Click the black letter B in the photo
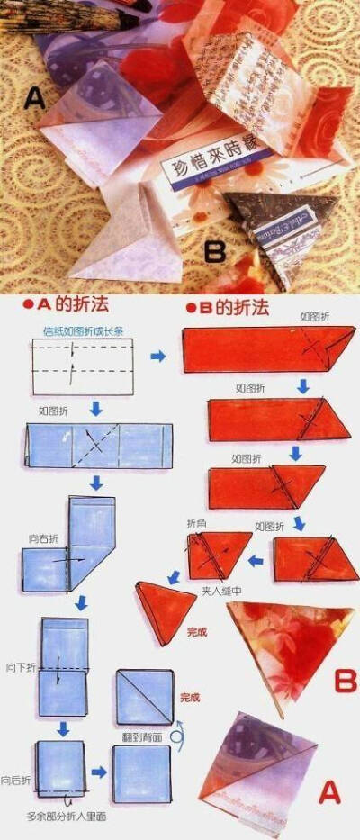(x=214, y=251)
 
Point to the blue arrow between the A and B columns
(x=157, y=357)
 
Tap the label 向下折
(x=20, y=667)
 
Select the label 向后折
(x=17, y=778)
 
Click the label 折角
(x=196, y=522)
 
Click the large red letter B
(x=345, y=680)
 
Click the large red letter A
(x=330, y=791)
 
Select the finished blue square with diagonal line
(x=144, y=697)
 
